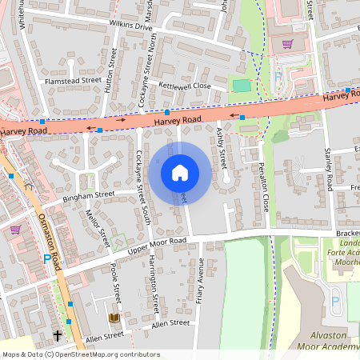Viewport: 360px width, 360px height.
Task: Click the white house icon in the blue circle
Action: pos(180,172)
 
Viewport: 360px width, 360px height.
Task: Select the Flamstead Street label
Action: pos(74,81)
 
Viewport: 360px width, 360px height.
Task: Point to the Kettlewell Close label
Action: pos(185,86)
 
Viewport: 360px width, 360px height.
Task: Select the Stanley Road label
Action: pos(327,169)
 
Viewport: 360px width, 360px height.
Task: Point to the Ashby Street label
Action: pos(223,146)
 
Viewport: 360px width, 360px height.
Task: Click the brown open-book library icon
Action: pos(114,318)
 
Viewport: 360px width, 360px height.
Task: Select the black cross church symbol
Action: pos(58,335)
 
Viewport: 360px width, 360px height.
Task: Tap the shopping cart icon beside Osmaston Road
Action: pos(15,229)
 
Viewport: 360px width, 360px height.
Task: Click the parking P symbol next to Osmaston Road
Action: pos(45,260)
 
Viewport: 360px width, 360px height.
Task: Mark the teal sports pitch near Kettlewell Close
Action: pos(241,85)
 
